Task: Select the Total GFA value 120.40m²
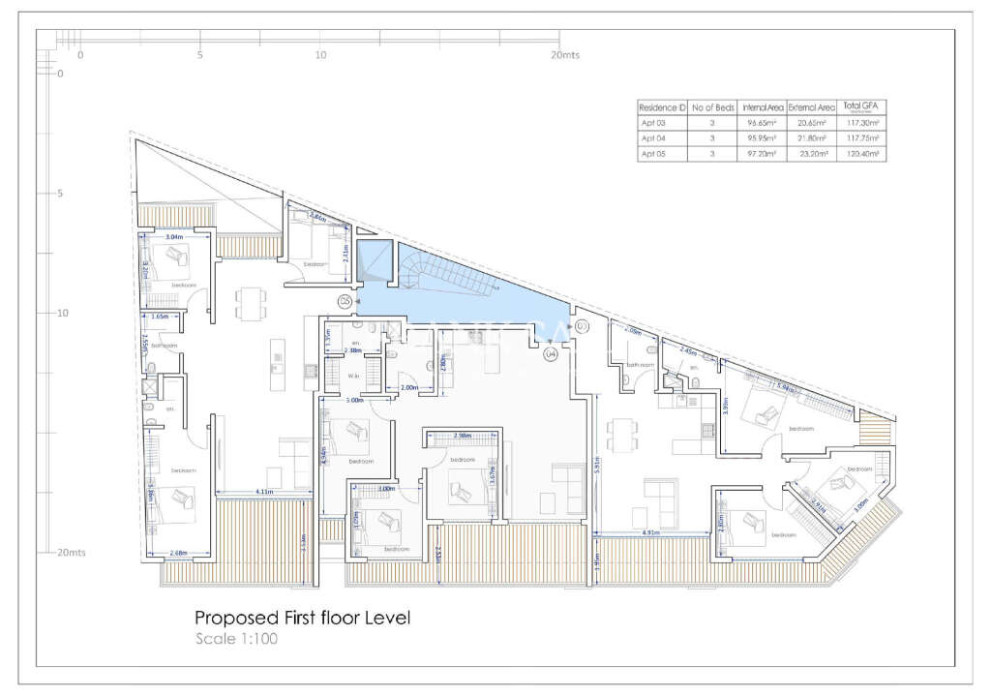pyautogui.click(x=862, y=154)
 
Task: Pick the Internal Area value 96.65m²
pyautogui.click(x=763, y=123)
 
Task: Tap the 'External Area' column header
pyautogui.click(x=811, y=106)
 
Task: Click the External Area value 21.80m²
pyautogui.click(x=811, y=138)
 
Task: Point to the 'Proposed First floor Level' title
pyautogui.click(x=303, y=618)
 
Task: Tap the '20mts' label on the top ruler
pyautogui.click(x=564, y=55)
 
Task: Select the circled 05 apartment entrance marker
pyautogui.click(x=345, y=302)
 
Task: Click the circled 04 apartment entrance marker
pyautogui.click(x=551, y=355)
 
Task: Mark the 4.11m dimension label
pyautogui.click(x=264, y=493)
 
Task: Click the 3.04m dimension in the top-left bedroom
pyautogui.click(x=174, y=236)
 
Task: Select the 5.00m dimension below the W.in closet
pyautogui.click(x=354, y=400)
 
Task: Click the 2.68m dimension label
pyautogui.click(x=179, y=554)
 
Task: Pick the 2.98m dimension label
pyautogui.click(x=463, y=436)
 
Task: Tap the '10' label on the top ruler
pyautogui.click(x=320, y=55)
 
